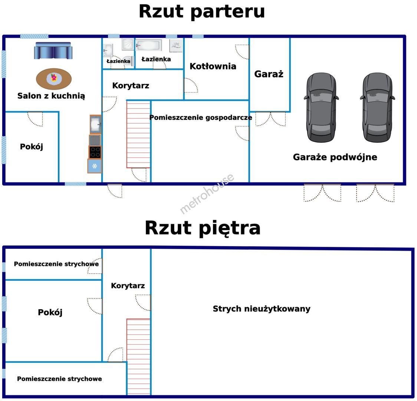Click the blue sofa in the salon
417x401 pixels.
[53, 50]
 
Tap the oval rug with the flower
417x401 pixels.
[54, 79]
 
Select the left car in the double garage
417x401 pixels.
[322, 107]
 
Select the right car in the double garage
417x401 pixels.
[377, 107]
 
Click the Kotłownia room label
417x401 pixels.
[213, 66]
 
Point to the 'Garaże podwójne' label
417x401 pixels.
[335, 157]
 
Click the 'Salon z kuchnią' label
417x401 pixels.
[51, 96]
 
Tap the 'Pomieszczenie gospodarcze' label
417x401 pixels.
[201, 118]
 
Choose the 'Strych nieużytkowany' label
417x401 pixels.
[262, 309]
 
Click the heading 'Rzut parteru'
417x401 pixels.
[202, 12]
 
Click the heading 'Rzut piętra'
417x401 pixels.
[203, 228]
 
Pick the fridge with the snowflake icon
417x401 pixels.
[95, 166]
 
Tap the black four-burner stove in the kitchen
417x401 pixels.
[95, 152]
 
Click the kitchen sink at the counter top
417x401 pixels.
[95, 124]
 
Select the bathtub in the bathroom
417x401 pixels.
[149, 46]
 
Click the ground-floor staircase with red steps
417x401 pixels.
[138, 134]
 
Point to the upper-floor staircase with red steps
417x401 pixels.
[138, 356]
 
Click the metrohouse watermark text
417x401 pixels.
[207, 193]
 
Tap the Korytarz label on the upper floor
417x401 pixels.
[128, 286]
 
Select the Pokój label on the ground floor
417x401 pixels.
[32, 147]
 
